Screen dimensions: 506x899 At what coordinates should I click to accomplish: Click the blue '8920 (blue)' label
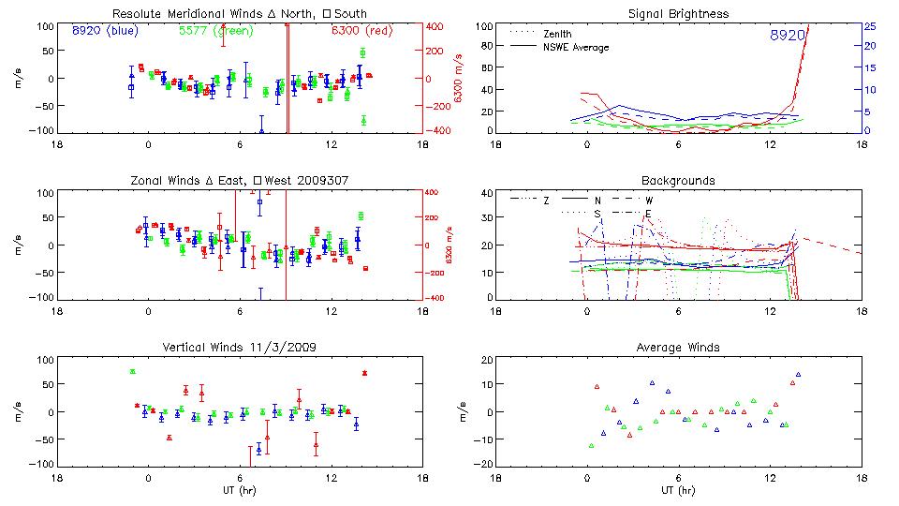coord(105,31)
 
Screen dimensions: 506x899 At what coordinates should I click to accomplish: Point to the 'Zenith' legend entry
coord(557,33)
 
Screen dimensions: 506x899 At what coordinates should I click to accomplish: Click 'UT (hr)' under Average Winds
coord(678,490)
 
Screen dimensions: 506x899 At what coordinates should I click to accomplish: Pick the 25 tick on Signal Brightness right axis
coord(869,26)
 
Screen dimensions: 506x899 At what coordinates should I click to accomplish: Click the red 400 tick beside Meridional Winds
coord(436,26)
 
